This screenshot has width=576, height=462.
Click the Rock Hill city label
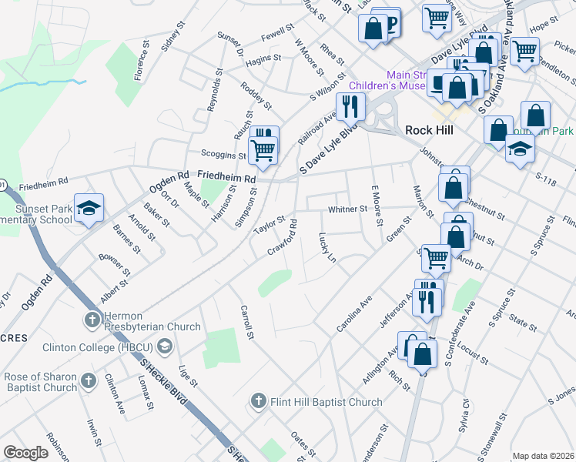[x=427, y=130]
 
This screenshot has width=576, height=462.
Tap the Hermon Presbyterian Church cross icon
[x=91, y=319]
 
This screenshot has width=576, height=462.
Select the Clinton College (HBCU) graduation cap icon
[x=163, y=346]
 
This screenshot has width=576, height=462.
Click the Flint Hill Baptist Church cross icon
[x=258, y=401]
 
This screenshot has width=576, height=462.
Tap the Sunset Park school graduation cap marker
[x=89, y=208]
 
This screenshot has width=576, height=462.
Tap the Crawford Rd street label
[x=283, y=239]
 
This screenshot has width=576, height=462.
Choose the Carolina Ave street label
[x=354, y=313]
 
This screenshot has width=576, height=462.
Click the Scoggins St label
[x=223, y=155]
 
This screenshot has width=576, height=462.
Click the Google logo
[x=25, y=453]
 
